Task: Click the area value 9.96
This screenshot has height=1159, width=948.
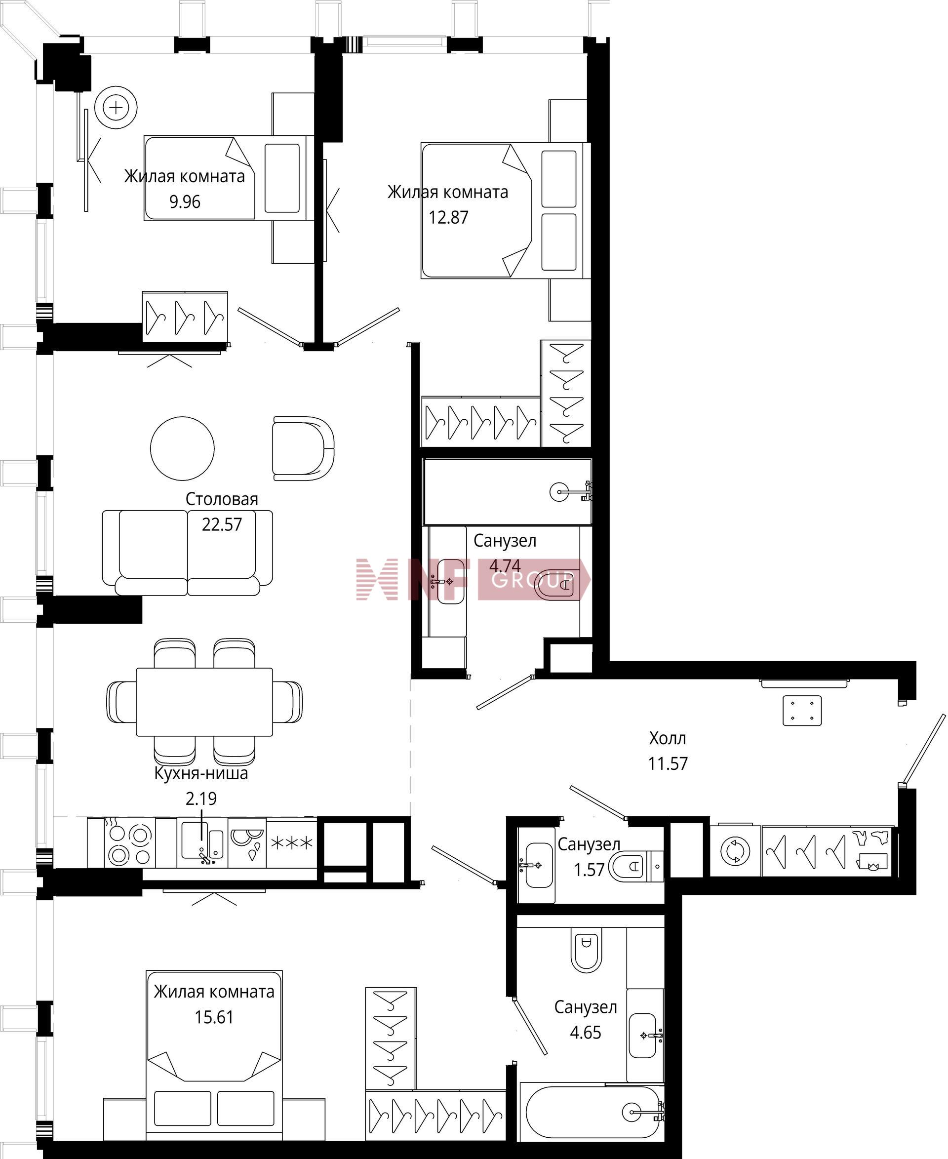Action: pyautogui.click(x=185, y=202)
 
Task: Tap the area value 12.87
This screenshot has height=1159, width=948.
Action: pyautogui.click(x=448, y=218)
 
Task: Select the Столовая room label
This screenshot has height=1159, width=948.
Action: pyautogui.click(x=222, y=499)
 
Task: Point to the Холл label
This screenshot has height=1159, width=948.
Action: pyautogui.click(x=668, y=738)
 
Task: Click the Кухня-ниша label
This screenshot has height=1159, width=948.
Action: pyautogui.click(x=201, y=774)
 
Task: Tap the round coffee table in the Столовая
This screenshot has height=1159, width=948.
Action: pyautogui.click(x=182, y=448)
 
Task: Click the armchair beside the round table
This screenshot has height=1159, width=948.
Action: pyautogui.click(x=303, y=448)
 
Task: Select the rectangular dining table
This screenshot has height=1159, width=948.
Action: pyautogui.click(x=204, y=702)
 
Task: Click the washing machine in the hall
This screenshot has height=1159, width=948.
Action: pyautogui.click(x=735, y=851)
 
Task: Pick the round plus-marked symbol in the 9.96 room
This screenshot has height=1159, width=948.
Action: pyautogui.click(x=116, y=108)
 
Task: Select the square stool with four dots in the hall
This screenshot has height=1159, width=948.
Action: pyautogui.click(x=802, y=711)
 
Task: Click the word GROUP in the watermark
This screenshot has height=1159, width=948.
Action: pyautogui.click(x=532, y=580)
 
